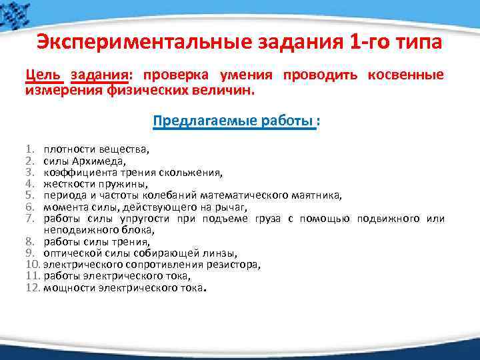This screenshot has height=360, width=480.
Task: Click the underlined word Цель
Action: click(x=41, y=75)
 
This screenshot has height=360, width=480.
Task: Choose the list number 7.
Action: click(x=31, y=218)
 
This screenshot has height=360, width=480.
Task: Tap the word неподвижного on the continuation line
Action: click(x=75, y=229)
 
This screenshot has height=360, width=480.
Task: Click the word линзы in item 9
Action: click(x=217, y=253)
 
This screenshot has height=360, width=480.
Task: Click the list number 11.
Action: click(x=33, y=275)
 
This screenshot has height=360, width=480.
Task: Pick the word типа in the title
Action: click(x=420, y=42)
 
